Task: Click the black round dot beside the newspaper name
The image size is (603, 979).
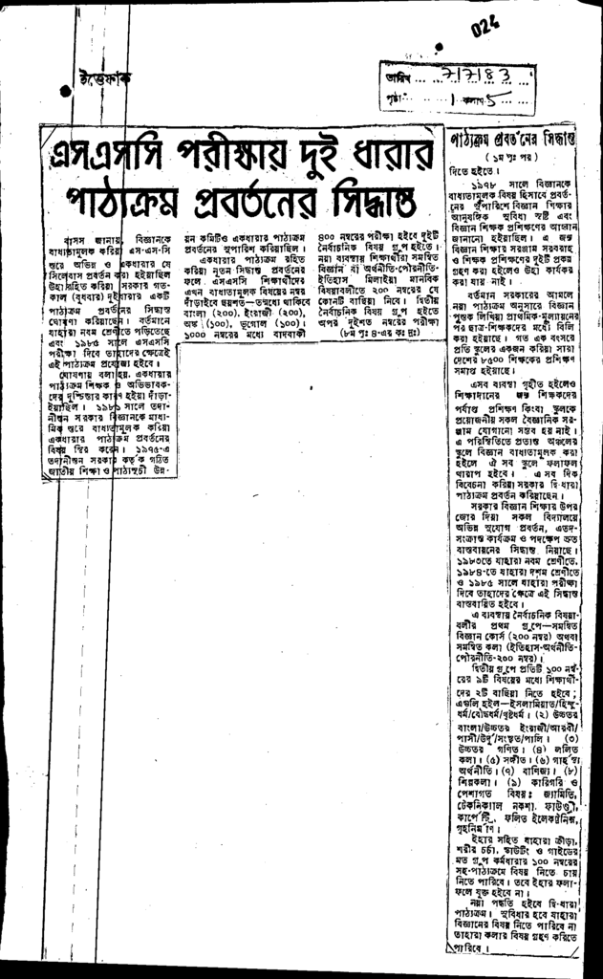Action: point(65,91)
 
